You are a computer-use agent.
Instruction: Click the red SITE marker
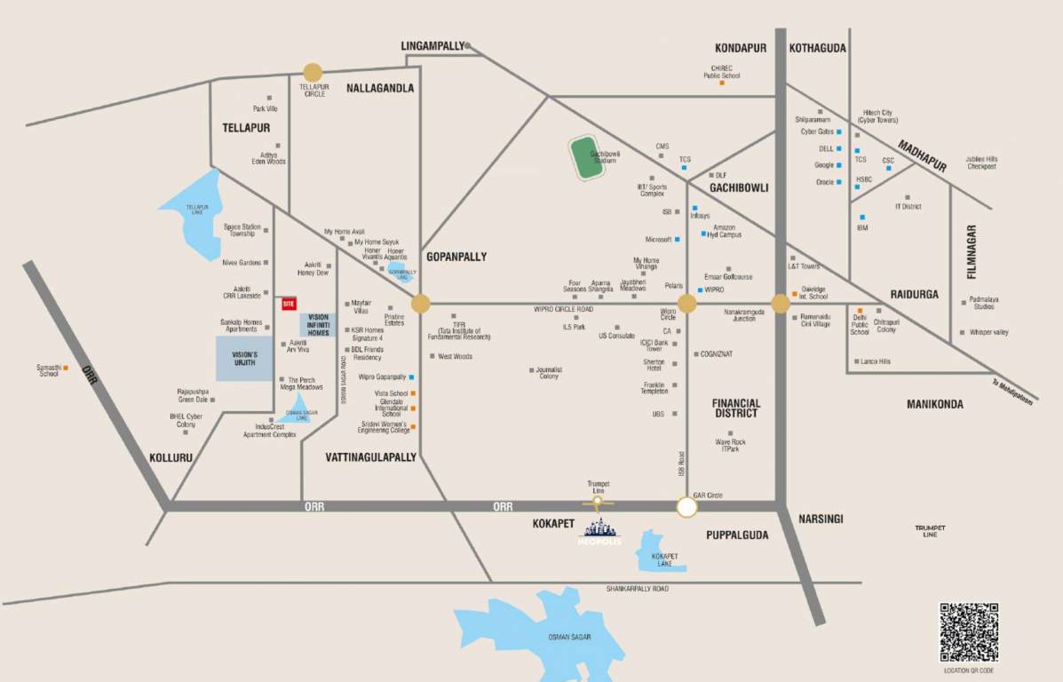point(288,304)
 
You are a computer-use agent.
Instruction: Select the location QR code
point(969,631)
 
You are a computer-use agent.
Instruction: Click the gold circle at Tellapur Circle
point(313,73)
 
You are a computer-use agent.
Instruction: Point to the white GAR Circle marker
point(686,507)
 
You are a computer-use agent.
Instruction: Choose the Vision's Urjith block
point(244,359)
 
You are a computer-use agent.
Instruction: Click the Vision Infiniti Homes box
point(318,325)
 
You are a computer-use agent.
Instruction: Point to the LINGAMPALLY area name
point(432,46)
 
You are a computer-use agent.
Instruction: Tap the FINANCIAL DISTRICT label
point(736,408)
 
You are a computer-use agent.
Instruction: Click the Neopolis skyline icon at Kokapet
point(599,530)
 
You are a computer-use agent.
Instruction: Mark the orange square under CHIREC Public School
point(721,83)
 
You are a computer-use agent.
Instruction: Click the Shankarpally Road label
point(637,589)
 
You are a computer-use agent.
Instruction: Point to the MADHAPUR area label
point(921,155)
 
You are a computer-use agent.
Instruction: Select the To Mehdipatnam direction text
point(1012,390)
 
